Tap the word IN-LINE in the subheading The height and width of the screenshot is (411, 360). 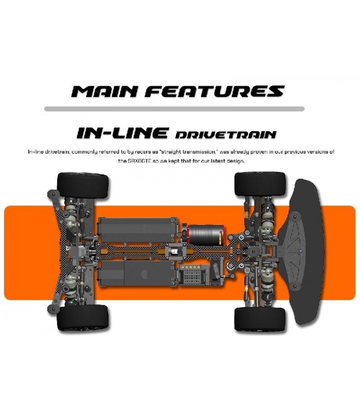[x=122, y=133]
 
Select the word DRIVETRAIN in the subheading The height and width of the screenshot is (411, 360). [x=225, y=135]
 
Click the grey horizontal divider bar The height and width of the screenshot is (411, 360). [x=174, y=109]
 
